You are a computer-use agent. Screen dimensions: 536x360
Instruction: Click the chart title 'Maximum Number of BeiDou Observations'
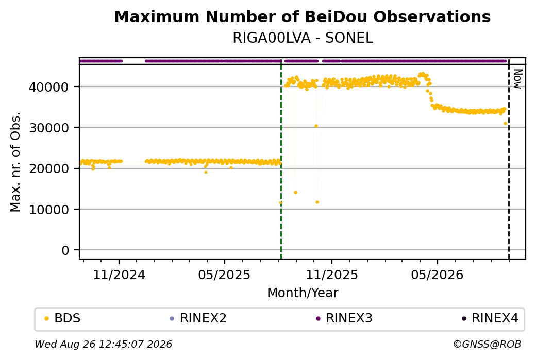coord(302,16)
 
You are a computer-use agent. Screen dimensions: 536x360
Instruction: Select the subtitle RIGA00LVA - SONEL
coord(303,38)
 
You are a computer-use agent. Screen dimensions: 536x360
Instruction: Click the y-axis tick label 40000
coord(48,87)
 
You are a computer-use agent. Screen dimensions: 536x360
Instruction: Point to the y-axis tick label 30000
coord(48,128)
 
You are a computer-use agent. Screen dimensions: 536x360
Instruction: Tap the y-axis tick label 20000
coord(48,168)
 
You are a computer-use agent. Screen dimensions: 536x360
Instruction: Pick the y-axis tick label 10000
coord(48,210)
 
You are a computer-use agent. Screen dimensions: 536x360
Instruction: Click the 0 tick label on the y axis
coord(65,250)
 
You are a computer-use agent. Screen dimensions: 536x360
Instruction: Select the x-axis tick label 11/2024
coord(119,275)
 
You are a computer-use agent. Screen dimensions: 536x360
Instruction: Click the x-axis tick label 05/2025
coord(224,275)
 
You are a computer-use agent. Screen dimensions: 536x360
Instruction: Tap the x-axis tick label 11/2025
coord(331,275)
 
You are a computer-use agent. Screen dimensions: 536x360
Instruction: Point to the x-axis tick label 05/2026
coord(437,275)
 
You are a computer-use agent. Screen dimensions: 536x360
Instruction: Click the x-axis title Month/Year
coord(303,293)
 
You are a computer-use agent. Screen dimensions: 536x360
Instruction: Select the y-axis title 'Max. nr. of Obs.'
coord(15,162)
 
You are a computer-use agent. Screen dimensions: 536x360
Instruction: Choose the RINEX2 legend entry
coord(198,318)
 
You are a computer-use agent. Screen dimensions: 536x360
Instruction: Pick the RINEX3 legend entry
coord(344,318)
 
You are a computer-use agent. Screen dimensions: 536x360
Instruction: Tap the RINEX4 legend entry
coord(490,318)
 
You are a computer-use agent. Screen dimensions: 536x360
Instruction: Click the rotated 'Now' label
coord(517,79)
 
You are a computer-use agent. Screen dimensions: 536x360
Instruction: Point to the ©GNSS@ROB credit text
coord(487,344)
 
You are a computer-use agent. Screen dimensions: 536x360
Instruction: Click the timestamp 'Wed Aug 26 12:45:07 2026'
coord(103,344)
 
